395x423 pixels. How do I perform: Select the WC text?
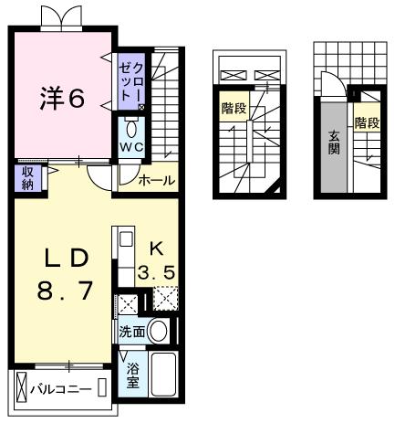(x=128, y=146)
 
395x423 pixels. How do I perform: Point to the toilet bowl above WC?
(x=128, y=124)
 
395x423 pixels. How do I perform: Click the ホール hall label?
(x=156, y=181)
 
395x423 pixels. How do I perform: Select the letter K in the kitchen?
(x=156, y=246)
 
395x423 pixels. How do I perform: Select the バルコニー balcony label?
(x=60, y=389)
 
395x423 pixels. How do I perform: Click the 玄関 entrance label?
(x=334, y=143)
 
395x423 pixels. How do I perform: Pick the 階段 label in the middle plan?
(x=234, y=108)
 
